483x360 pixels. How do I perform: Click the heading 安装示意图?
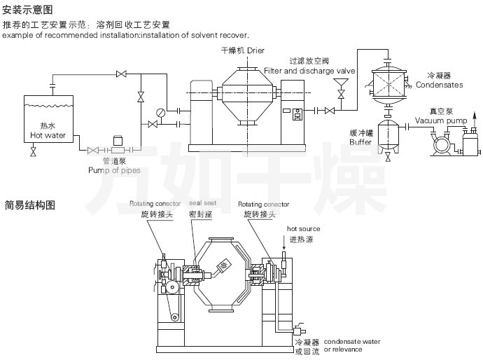coord(27,10)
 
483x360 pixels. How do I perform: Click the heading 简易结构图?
coord(27,206)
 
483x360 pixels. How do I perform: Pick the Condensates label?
coord(439,85)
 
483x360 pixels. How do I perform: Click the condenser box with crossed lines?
coord(390,82)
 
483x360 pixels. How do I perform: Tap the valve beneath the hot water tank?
coord(33,152)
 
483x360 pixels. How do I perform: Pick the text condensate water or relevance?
coord(351,345)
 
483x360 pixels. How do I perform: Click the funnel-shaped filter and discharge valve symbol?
coord(342,92)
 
